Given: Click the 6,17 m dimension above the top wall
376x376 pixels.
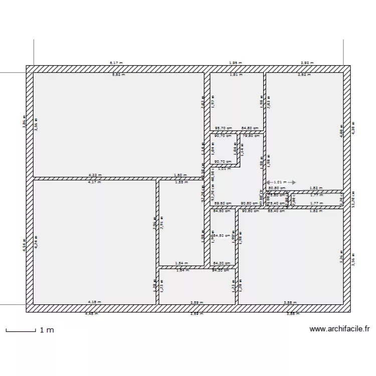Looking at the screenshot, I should [116, 63].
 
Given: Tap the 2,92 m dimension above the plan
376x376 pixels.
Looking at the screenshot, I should [307, 63].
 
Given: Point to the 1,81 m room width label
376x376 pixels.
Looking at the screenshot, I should [236, 75].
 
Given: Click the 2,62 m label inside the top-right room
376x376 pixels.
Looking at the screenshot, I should [303, 75].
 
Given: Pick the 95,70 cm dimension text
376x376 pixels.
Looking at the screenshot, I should [223, 128].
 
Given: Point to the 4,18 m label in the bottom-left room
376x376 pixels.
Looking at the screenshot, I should [94, 302].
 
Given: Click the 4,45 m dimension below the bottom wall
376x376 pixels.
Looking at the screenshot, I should [91, 314].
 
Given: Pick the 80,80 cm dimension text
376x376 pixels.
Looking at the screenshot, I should [277, 189].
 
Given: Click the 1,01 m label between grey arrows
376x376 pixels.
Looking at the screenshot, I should [281, 182].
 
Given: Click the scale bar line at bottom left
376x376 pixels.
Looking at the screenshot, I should [20, 330].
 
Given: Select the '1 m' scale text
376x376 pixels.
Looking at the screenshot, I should [47, 330].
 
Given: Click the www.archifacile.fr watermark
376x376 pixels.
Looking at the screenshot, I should [339, 329].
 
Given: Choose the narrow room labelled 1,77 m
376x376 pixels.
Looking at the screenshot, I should [316, 200].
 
